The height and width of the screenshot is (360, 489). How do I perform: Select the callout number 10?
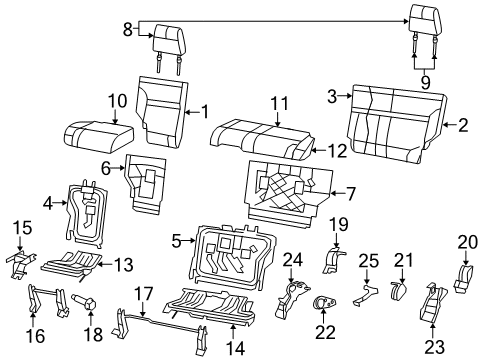point(117,100)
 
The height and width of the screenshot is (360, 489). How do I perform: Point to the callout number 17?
point(145,296)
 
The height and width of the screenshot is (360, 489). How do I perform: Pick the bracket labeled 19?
point(336,261)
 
